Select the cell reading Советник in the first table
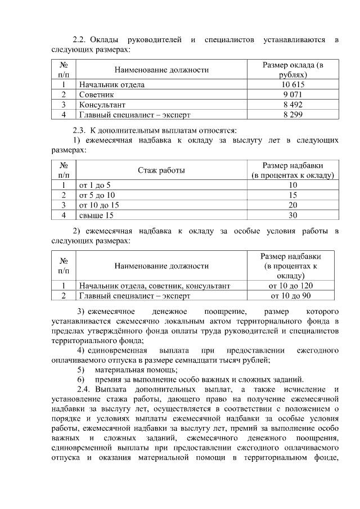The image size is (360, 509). tap(97, 94)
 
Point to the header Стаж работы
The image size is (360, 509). tap(161, 170)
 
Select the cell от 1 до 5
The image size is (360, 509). tap(95, 184)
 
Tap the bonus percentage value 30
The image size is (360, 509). tap(292, 215)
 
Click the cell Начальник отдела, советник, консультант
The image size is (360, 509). tap(155, 285)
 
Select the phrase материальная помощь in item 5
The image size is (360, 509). tap(136, 370)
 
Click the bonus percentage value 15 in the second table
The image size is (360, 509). tap(292, 195)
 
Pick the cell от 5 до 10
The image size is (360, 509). tap(97, 195)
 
